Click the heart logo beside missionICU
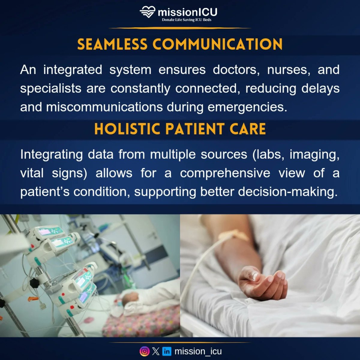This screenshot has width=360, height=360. click(148, 13)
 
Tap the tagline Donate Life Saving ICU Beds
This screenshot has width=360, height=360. click(187, 20)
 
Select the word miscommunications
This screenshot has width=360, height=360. click(104, 107)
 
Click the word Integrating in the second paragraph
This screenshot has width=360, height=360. click(52, 155)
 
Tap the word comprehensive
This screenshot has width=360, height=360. click(225, 173)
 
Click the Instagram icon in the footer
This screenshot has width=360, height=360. click(145, 351)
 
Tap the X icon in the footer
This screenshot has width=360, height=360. click(156, 351)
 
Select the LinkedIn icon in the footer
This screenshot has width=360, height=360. click(167, 351)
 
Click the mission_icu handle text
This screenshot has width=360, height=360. click(198, 351)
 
